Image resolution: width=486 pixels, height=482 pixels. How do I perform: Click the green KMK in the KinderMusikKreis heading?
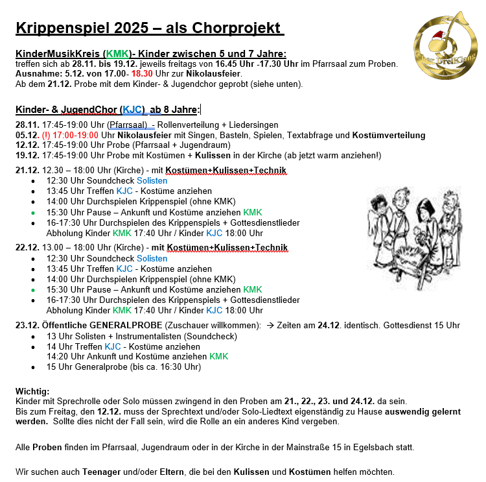117,54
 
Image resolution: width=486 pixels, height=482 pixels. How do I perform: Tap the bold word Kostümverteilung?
388,135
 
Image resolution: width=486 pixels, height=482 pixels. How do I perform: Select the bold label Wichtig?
32,391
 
